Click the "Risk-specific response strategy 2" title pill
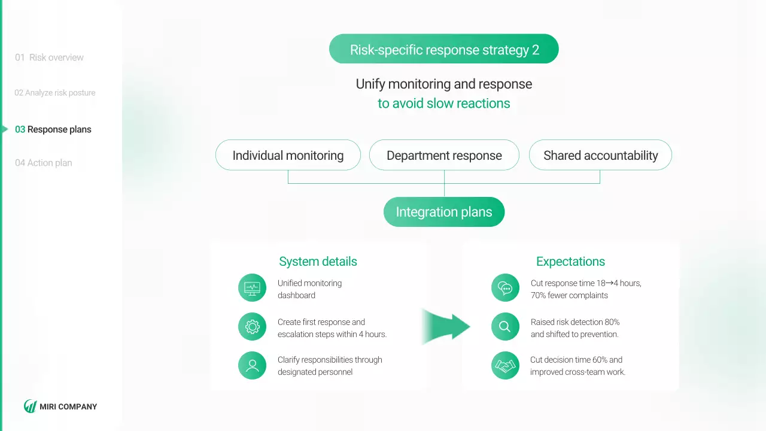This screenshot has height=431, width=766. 443,49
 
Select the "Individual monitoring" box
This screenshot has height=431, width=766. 288,156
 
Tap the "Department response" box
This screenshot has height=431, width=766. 444,156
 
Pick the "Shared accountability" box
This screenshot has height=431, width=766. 600,156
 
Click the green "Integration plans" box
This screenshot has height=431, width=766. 444,212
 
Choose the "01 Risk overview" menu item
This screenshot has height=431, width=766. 50,57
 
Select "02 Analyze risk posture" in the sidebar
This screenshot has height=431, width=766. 55,93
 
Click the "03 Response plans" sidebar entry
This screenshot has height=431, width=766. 53,129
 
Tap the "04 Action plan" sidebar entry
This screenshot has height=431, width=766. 44,163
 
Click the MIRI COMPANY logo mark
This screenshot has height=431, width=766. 30,406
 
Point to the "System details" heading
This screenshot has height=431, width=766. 318,262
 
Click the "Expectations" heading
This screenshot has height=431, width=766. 570,262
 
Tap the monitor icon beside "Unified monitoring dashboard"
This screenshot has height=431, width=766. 252,288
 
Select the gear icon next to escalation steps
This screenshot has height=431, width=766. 252,327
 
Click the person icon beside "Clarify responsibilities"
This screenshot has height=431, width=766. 252,365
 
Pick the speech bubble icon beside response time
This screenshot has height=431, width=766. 505,288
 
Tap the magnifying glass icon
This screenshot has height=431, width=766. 505,327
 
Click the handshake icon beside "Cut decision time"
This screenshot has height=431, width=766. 505,365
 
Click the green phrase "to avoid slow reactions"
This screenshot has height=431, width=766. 443,104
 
